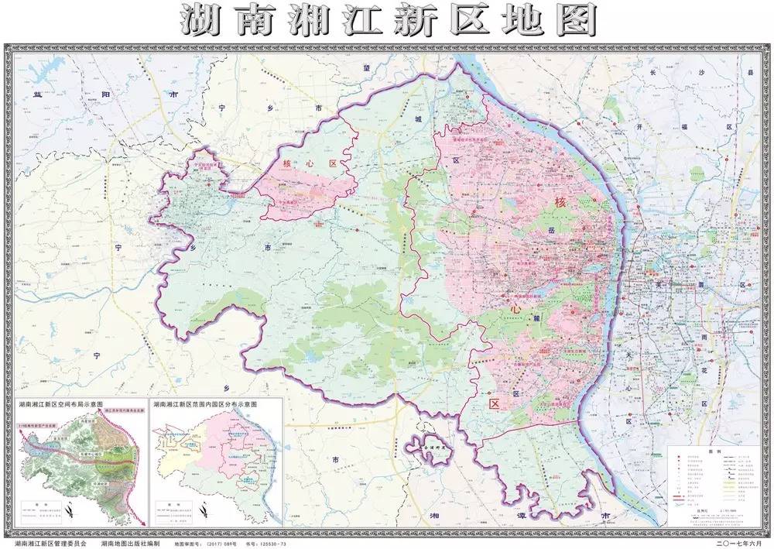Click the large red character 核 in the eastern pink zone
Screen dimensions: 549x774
(x=560, y=203)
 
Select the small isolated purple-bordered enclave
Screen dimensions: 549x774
(x=430, y=449)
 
